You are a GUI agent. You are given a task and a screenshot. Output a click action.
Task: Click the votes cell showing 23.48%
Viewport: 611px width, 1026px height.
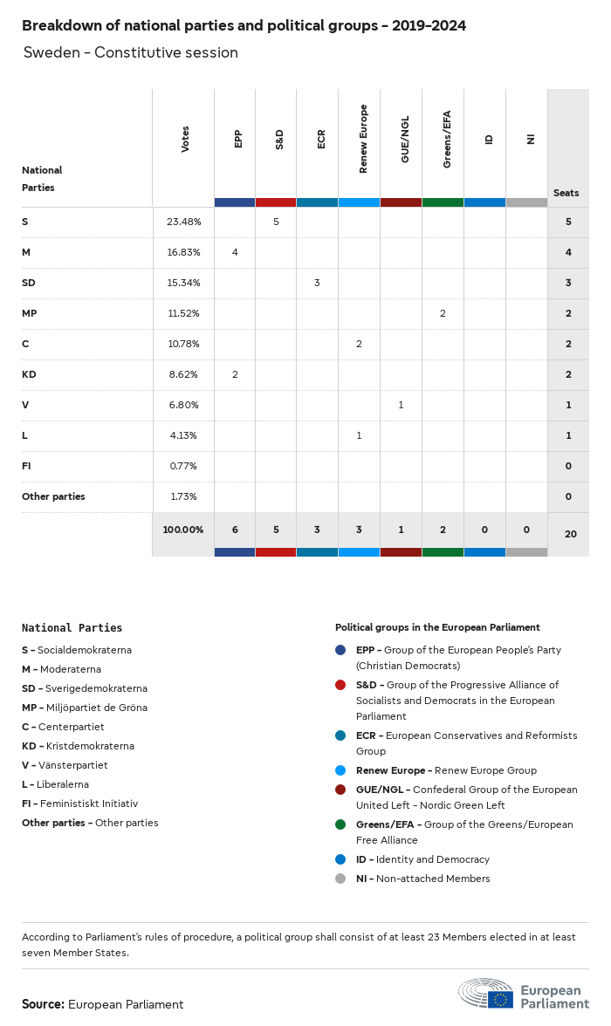point(183,222)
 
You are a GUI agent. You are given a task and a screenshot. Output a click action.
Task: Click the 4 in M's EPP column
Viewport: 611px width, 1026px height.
point(235,252)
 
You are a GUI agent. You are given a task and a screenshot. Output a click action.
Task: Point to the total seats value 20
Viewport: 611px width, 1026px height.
point(570,533)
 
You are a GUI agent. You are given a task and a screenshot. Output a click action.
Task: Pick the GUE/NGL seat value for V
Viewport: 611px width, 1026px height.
point(401,405)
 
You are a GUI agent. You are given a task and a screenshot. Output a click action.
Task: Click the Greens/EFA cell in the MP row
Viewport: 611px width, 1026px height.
point(443,313)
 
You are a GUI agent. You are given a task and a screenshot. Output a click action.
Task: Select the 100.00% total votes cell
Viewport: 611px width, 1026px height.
point(183,530)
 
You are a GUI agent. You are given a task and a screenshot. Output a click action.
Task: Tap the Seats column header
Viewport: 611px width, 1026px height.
point(566,193)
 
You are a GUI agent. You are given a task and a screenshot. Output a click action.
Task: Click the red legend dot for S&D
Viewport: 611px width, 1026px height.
point(340,685)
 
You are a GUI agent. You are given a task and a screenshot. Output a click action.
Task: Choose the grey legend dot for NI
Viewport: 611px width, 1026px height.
point(340,879)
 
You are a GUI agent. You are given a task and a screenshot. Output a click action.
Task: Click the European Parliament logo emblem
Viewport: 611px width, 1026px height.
point(486,994)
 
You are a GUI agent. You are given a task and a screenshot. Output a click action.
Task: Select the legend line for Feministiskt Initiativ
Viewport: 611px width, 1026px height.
point(79,804)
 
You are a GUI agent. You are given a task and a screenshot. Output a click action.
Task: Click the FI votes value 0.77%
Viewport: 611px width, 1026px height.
point(183,466)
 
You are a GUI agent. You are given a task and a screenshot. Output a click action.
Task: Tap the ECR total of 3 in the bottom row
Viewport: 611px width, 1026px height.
point(318,530)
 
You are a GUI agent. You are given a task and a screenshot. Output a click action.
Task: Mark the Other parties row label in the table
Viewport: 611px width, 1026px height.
point(53,496)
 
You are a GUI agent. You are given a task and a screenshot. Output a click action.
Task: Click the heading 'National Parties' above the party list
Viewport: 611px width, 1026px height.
point(72,627)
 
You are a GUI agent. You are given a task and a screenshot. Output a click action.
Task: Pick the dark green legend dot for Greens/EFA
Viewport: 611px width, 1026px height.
point(340,824)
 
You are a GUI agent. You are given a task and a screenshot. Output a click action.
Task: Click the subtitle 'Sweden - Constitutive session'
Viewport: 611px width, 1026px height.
point(131,52)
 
